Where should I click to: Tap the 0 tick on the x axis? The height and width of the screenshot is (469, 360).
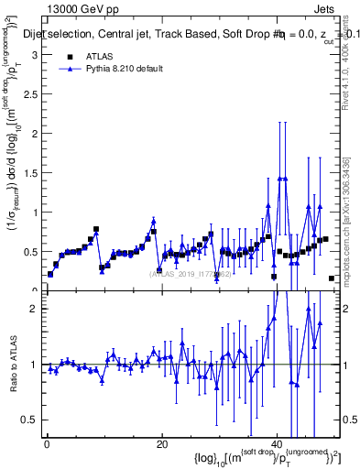(x=46, y=443)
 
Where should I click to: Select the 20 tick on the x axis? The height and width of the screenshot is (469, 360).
(x=162, y=443)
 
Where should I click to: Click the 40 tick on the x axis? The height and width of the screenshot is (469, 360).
(x=278, y=443)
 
